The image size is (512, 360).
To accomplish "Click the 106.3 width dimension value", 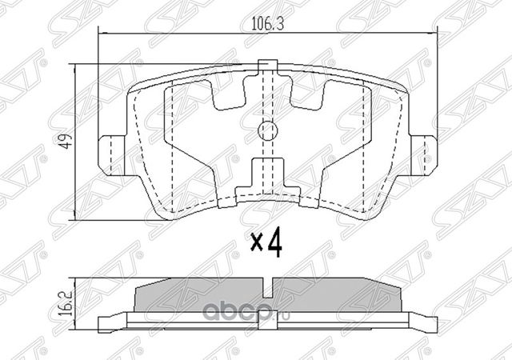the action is tap(267, 24).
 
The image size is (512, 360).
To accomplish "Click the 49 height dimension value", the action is tap(67, 141).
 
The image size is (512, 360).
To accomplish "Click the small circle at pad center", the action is tap(267, 130).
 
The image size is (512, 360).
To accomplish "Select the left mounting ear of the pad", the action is tap(112, 155).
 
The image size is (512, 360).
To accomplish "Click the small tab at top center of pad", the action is tap(268, 65).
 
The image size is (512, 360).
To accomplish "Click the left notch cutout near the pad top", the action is tap(229, 93).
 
